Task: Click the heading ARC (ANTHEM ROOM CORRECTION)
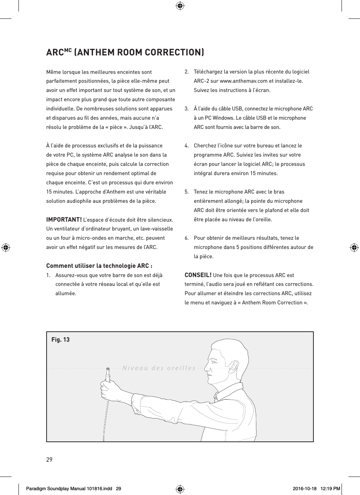(125, 52)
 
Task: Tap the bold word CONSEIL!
(198, 275)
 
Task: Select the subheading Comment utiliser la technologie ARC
(99, 266)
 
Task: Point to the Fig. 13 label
(60, 339)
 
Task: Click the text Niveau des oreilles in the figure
(159, 368)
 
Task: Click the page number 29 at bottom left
(49, 460)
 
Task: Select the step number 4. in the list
(187, 146)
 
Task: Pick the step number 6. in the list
(187, 238)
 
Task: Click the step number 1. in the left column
(48, 275)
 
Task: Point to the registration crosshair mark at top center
(180, 6)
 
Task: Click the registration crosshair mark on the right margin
(354, 247)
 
